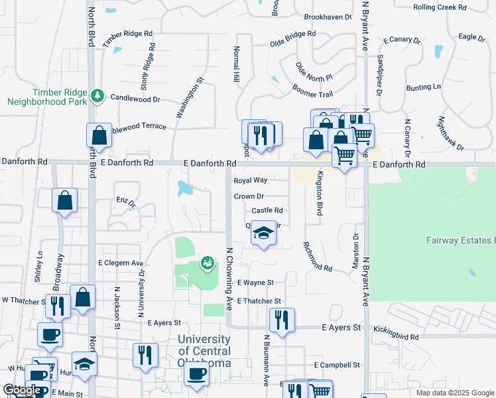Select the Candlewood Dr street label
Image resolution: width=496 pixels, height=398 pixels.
[x=136, y=99]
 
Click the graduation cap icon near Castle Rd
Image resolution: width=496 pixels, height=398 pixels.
[x=264, y=233]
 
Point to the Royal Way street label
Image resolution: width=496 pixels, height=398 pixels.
[x=250, y=180]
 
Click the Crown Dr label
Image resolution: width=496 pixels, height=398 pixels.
[x=249, y=196]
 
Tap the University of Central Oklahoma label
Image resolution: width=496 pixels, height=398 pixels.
[x=204, y=351]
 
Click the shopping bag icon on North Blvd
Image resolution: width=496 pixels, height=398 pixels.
[x=98, y=136]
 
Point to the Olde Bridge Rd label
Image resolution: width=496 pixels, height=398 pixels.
[x=292, y=38]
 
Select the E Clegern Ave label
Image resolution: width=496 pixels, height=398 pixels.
[x=121, y=263]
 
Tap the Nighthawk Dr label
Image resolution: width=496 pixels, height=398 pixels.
[x=452, y=133]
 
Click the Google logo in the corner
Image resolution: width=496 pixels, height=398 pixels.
[x=21, y=390]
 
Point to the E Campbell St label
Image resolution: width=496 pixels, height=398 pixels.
[x=337, y=365]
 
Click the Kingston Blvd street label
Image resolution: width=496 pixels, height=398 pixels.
[x=319, y=193]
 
